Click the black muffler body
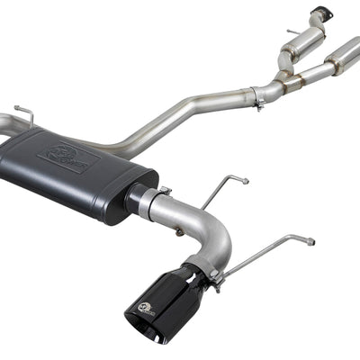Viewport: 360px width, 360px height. coord(81,180)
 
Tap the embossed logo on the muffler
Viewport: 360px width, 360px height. coord(67,158)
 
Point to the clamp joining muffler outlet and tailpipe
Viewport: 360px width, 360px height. coord(162,196)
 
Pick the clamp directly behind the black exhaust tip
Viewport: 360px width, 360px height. coord(213,270)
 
